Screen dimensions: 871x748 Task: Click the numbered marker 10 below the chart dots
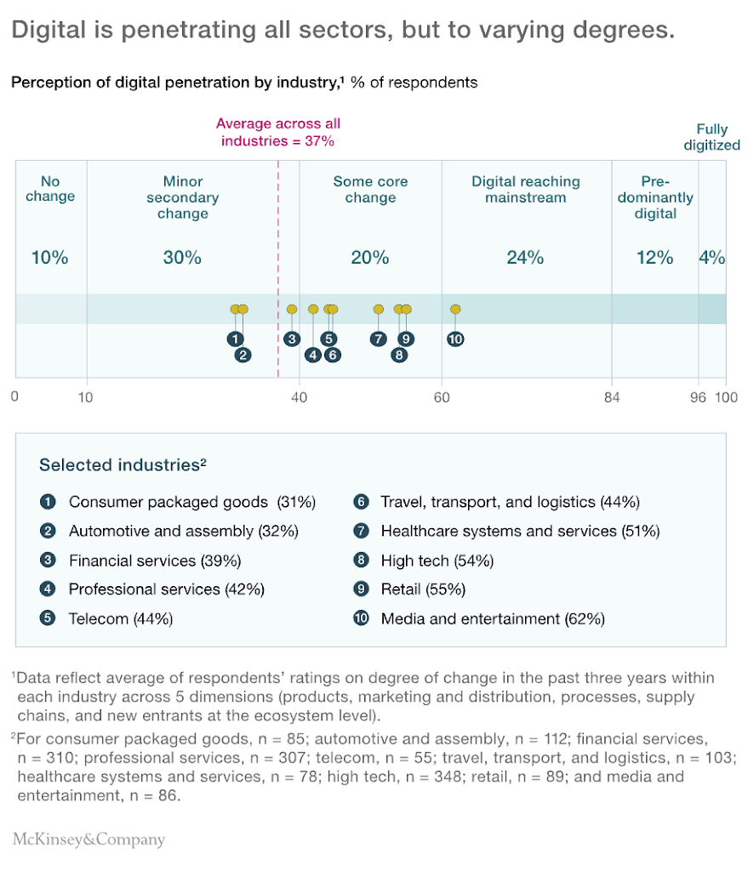(455, 339)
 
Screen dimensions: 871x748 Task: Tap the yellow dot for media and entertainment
(455, 310)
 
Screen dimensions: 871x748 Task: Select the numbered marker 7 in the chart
(378, 339)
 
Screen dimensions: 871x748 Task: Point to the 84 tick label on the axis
(612, 397)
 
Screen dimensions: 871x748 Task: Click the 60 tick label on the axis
(442, 397)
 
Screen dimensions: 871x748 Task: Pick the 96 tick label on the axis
(698, 397)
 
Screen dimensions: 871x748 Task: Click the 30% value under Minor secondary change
(182, 258)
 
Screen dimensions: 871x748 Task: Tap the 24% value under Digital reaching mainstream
(525, 258)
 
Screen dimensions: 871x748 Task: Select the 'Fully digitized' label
(705, 137)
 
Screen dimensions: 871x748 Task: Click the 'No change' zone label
(50, 189)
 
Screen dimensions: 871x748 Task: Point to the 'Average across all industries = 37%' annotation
(278, 132)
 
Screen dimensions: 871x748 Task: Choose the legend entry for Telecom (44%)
(121, 619)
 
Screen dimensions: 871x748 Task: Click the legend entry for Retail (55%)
(423, 589)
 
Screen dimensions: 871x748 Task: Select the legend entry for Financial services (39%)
(155, 561)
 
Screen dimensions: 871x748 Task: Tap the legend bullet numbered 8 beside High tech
(361, 561)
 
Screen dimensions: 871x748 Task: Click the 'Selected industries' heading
(123, 464)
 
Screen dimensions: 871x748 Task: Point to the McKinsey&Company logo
(89, 840)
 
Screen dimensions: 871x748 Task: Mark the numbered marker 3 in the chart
(292, 339)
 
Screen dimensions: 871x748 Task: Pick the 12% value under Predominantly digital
(654, 258)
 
